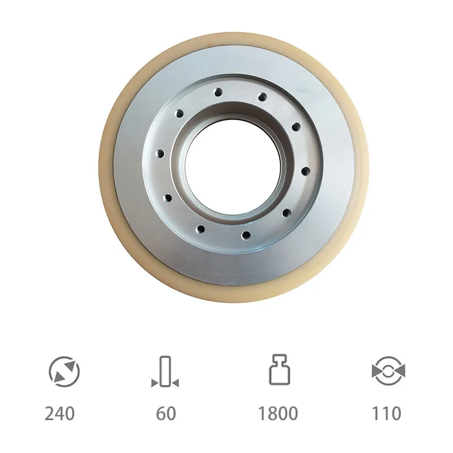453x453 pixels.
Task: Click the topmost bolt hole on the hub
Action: coord(217,92)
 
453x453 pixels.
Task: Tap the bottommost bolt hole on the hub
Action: coord(245,235)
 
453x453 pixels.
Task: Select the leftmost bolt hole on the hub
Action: coord(160,153)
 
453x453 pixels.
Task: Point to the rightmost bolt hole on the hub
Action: coord(305,171)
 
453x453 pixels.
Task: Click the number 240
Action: coord(60,413)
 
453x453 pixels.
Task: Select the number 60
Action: coord(166,413)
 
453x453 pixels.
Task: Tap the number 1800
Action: coord(277,413)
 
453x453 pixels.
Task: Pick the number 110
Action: coord(386,413)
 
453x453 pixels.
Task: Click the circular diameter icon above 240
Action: coord(64,371)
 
